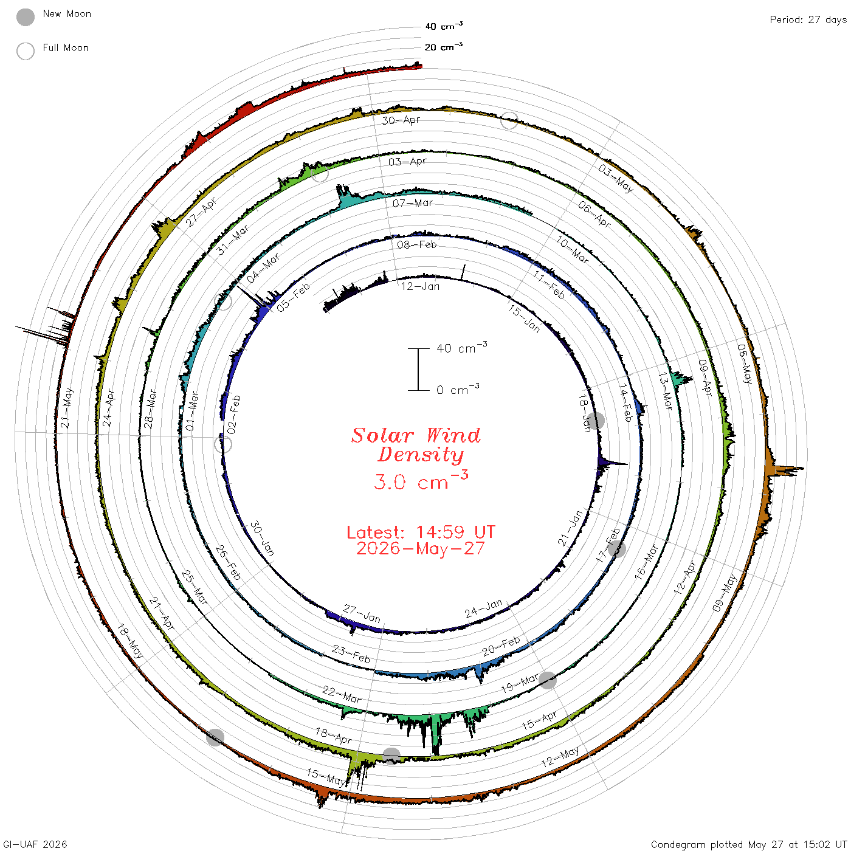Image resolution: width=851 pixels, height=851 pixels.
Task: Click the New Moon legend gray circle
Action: [x=25, y=17]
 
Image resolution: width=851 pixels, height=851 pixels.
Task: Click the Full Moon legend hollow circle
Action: [x=25, y=51]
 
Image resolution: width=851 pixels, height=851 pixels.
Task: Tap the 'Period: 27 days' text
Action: [x=808, y=20]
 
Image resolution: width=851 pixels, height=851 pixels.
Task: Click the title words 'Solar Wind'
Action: [x=416, y=435]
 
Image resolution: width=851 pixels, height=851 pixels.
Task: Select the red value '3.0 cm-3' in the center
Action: [x=421, y=480]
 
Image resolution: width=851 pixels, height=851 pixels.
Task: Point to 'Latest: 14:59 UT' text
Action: [x=421, y=532]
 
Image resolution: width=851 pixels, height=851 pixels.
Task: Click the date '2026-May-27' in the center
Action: [x=421, y=548]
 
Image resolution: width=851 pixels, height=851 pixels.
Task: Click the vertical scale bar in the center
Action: [x=418, y=370]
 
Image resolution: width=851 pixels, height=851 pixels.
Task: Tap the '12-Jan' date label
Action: [x=421, y=287]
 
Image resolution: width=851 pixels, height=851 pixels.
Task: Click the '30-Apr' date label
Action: [x=401, y=120]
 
